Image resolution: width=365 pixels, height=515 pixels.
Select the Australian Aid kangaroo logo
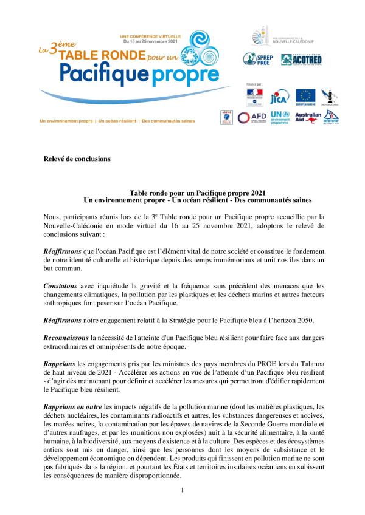coord(308,118)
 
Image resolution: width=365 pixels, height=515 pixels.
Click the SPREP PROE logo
coord(257,59)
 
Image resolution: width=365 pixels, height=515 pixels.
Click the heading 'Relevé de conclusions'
coord(77,159)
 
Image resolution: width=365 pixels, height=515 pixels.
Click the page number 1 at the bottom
coord(182,488)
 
